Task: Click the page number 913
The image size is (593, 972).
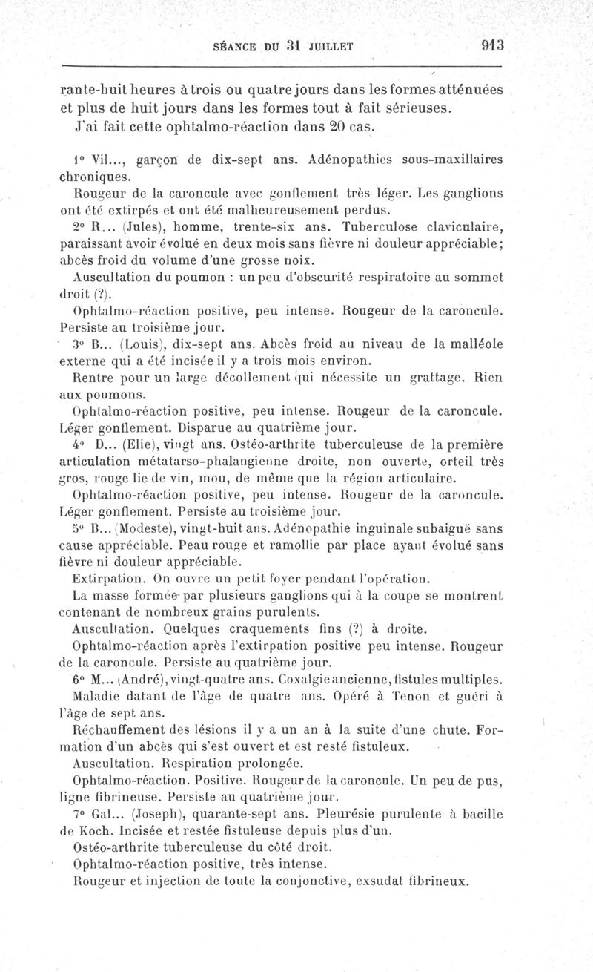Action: click(x=491, y=44)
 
